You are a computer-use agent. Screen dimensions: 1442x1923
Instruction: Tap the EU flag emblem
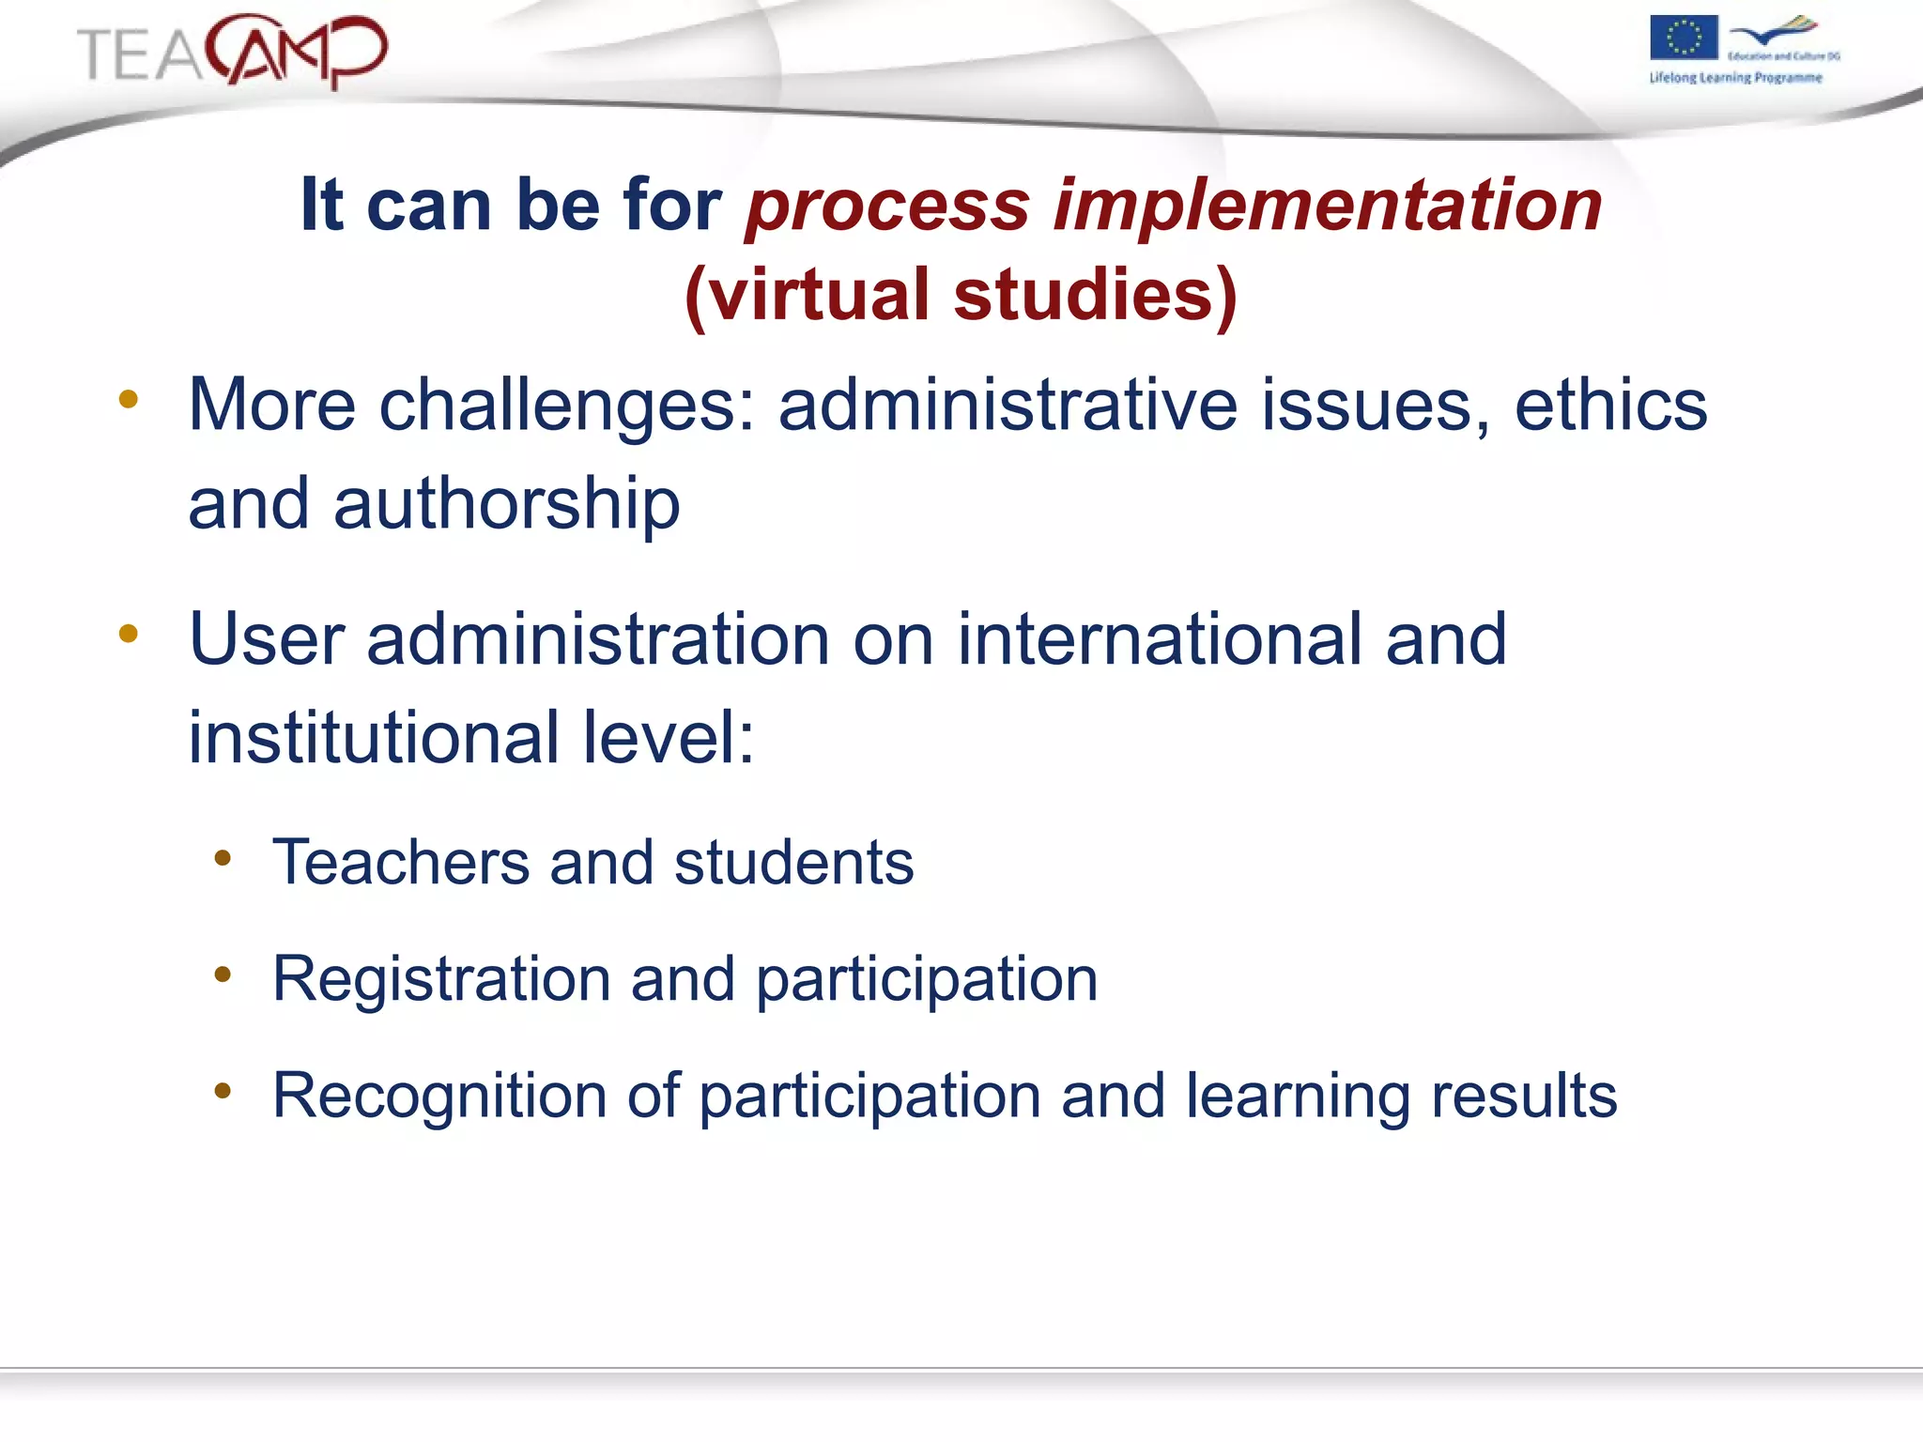click(1684, 38)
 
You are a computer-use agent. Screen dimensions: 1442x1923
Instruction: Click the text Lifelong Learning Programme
click(1735, 78)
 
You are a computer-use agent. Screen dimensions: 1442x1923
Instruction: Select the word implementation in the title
click(1327, 205)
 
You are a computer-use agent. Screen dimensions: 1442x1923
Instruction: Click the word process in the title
click(887, 207)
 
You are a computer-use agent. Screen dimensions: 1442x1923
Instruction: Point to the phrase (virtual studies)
click(961, 295)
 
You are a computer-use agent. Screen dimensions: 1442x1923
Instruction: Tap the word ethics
click(1610, 405)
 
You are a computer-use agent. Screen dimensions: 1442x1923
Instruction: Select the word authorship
click(506, 504)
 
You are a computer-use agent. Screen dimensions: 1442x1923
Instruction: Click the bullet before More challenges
click(129, 400)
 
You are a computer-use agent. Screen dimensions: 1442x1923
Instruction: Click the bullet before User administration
click(129, 635)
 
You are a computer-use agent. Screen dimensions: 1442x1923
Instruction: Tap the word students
click(793, 862)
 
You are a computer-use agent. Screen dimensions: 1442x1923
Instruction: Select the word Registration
click(441, 979)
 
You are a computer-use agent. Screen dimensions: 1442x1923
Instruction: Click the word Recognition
click(439, 1096)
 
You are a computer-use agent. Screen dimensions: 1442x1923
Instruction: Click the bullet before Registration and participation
click(223, 974)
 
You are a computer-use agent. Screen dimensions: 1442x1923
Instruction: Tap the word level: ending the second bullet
click(669, 738)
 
